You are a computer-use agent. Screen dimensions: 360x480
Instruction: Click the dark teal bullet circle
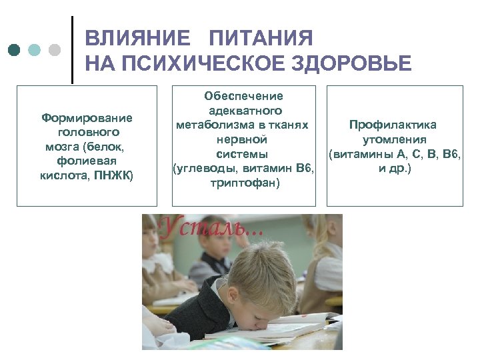(x=15, y=50)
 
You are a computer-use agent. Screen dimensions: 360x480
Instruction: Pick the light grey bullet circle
(x=55, y=50)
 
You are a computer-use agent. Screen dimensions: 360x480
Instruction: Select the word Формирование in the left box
(x=87, y=118)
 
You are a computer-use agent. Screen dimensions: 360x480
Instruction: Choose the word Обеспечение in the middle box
(x=243, y=96)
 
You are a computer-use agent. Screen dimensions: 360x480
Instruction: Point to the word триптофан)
(x=243, y=183)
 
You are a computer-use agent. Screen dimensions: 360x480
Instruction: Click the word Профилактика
(x=393, y=125)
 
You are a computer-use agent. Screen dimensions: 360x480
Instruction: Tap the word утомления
(x=394, y=139)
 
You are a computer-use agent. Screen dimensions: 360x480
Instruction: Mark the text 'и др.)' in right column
(x=395, y=169)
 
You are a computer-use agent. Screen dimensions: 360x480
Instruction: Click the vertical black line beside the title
(x=72, y=50)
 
